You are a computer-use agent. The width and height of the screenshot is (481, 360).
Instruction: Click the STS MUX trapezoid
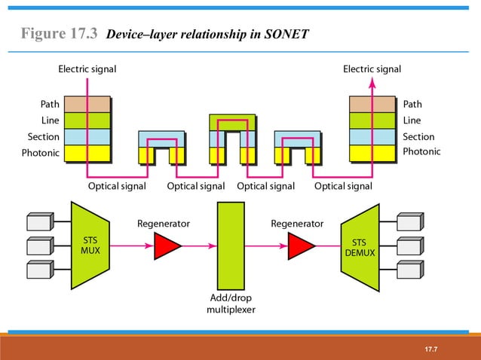pyautogui.click(x=90, y=246)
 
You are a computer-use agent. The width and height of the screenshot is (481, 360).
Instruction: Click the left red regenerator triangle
pyautogui.click(x=167, y=246)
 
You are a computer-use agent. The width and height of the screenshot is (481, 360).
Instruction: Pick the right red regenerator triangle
pyautogui.click(x=300, y=246)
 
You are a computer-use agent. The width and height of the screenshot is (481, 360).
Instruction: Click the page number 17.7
pyautogui.click(x=431, y=350)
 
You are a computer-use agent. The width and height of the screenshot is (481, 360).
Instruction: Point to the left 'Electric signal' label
pyautogui.click(x=87, y=69)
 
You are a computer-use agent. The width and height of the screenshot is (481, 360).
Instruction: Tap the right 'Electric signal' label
pyautogui.click(x=372, y=69)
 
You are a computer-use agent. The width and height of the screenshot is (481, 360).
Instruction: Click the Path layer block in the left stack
pyautogui.click(x=87, y=104)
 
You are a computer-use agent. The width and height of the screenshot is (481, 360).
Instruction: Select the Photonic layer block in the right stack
pyautogui.click(x=372, y=153)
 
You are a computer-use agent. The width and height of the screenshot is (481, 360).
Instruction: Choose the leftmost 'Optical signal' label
pyautogui.click(x=118, y=185)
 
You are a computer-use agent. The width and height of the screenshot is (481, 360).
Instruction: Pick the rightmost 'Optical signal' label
pyautogui.click(x=343, y=185)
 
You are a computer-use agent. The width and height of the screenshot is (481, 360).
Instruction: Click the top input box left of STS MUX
pyautogui.click(x=38, y=221)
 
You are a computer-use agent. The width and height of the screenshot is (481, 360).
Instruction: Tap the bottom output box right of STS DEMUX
pyautogui.click(x=409, y=270)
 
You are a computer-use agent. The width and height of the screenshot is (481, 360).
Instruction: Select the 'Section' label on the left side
pyautogui.click(x=43, y=136)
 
